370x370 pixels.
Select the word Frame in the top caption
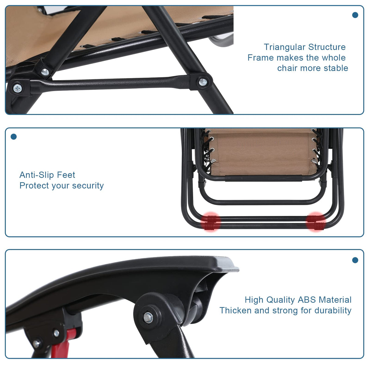click(x=261, y=58)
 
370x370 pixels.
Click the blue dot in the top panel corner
click(x=355, y=15)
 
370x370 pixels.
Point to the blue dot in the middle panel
click(x=14, y=137)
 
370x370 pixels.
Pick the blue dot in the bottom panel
click(x=355, y=260)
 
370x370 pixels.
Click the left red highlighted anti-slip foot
click(x=211, y=222)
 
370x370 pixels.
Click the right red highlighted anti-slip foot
click(x=316, y=222)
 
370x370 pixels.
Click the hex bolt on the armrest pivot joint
click(x=148, y=317)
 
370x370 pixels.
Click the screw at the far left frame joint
click(x=18, y=88)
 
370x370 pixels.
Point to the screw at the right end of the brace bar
click(x=202, y=81)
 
